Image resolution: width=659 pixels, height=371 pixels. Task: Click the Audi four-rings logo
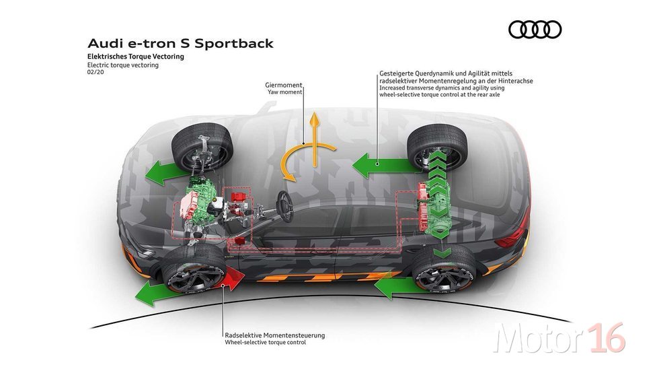535,30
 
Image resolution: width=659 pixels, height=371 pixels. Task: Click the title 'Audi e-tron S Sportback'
180,43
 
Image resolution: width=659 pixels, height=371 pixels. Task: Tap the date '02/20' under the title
95,72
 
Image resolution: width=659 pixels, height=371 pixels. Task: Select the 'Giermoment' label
283,85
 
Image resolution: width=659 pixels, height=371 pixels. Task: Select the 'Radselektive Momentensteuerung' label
275,335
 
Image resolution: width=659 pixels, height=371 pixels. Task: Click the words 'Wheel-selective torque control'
265,343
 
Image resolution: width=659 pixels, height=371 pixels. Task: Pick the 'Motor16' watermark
559,338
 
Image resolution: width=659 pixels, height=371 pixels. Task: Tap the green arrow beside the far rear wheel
382,165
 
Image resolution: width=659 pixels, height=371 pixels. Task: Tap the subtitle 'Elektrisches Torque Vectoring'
136,57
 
